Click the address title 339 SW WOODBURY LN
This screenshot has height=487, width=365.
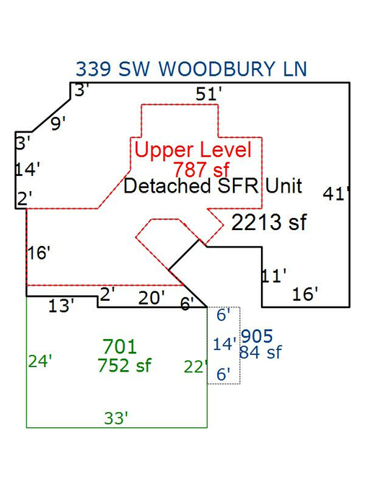coord(191,69)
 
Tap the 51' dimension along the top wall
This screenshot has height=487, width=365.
coord(208,94)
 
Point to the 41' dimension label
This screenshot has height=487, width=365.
coord(336,194)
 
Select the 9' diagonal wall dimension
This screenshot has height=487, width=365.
coord(58,123)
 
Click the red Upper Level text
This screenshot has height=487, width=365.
coord(193,149)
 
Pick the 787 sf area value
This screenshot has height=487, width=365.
coord(201,170)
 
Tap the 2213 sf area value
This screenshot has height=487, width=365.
coord(269,222)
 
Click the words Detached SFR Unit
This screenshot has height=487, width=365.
coord(213,185)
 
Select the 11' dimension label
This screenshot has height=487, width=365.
coord(273,276)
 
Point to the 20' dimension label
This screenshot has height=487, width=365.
coord(151,298)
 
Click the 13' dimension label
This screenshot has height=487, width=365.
coord(61,306)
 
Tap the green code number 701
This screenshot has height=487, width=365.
coord(120,346)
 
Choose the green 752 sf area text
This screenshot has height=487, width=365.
coord(124,365)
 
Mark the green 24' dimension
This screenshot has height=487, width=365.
coord(40,361)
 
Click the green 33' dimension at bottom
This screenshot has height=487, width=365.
coord(116,418)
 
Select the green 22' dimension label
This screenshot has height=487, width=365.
coord(195,367)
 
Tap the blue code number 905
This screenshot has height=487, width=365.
coord(258,336)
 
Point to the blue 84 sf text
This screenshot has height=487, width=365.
coord(260,352)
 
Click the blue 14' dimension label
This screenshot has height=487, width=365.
coord(224,344)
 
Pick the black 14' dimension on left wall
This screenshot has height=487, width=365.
coord(27,170)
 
